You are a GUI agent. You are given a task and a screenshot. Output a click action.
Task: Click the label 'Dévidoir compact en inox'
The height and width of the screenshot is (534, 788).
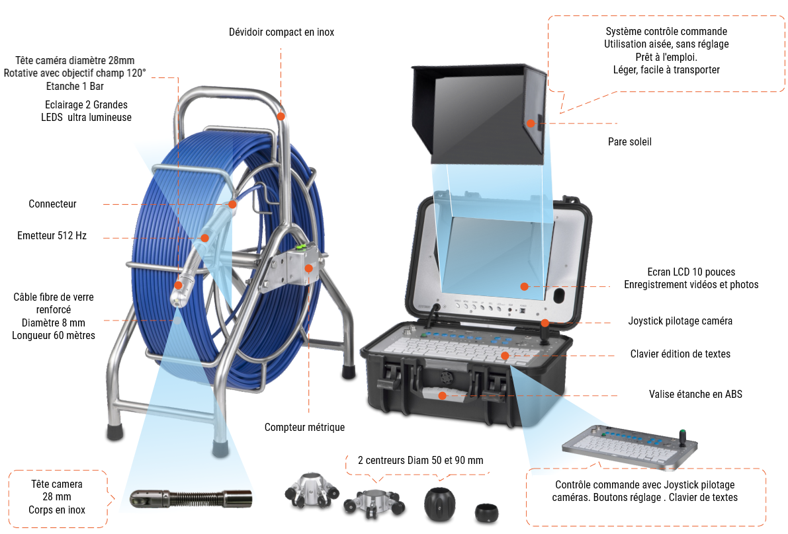281,32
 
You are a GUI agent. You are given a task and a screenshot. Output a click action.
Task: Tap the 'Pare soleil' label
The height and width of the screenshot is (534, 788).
630,141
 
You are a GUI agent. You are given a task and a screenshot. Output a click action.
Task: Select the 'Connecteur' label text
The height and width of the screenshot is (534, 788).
52,204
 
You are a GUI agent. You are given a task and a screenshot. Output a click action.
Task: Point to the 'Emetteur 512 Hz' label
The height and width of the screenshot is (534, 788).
52,235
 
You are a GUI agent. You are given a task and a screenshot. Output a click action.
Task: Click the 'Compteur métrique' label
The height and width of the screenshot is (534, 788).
304,427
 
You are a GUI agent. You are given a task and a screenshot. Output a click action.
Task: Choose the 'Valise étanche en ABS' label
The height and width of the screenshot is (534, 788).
695,394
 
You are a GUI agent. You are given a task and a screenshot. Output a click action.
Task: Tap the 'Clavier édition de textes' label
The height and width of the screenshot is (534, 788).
680,354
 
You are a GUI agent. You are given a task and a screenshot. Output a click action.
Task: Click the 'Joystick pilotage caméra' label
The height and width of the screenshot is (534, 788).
680,321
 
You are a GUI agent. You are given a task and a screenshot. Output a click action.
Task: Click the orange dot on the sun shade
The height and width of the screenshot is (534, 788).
531,123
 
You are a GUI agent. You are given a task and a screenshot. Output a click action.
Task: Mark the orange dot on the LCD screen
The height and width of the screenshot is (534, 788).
524,286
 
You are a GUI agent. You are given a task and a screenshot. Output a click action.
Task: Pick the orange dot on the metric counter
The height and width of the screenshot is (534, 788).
308,268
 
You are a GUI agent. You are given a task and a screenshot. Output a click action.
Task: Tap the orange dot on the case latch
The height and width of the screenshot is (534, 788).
443,395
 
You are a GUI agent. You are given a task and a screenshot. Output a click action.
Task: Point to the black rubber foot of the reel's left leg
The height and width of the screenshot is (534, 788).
114,432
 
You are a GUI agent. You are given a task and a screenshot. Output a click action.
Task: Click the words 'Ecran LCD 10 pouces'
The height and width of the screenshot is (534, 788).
691,272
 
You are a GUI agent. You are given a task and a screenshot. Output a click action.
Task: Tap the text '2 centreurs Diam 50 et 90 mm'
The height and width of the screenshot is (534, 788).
420,459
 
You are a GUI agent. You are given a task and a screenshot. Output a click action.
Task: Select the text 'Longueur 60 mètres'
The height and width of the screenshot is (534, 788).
54,335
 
